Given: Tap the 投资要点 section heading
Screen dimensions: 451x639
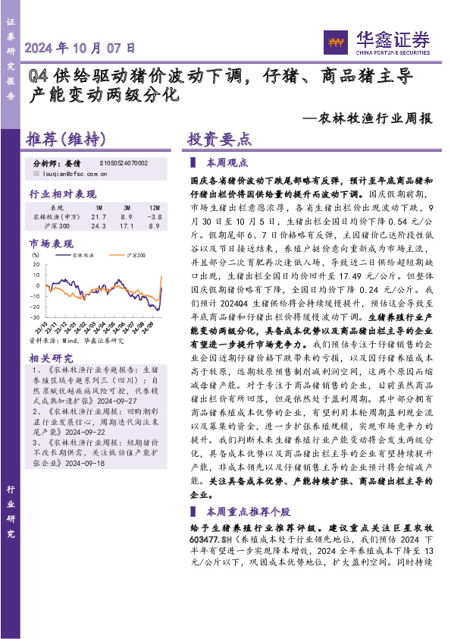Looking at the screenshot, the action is pyautogui.click(x=220, y=140).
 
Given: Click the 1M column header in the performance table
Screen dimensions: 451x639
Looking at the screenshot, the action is pyautogui.click(x=99, y=207).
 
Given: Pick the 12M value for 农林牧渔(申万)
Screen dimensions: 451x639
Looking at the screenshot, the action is pyautogui.click(x=155, y=216).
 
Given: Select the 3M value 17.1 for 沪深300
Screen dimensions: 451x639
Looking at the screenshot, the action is pyautogui.click(x=127, y=226).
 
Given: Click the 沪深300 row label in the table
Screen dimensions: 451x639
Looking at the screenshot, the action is pyautogui.click(x=57, y=226).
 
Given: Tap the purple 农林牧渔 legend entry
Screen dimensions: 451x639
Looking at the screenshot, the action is pyautogui.click(x=80, y=257).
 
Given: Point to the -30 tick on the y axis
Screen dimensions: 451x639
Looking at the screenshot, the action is pyautogui.click(x=35, y=316).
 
